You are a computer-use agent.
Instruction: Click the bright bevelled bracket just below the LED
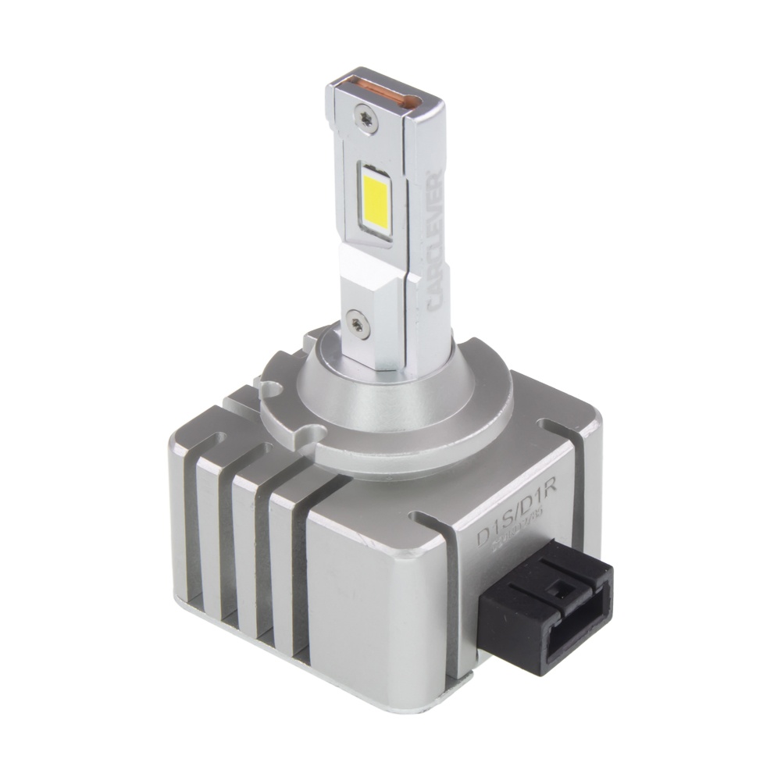[x=367, y=273]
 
